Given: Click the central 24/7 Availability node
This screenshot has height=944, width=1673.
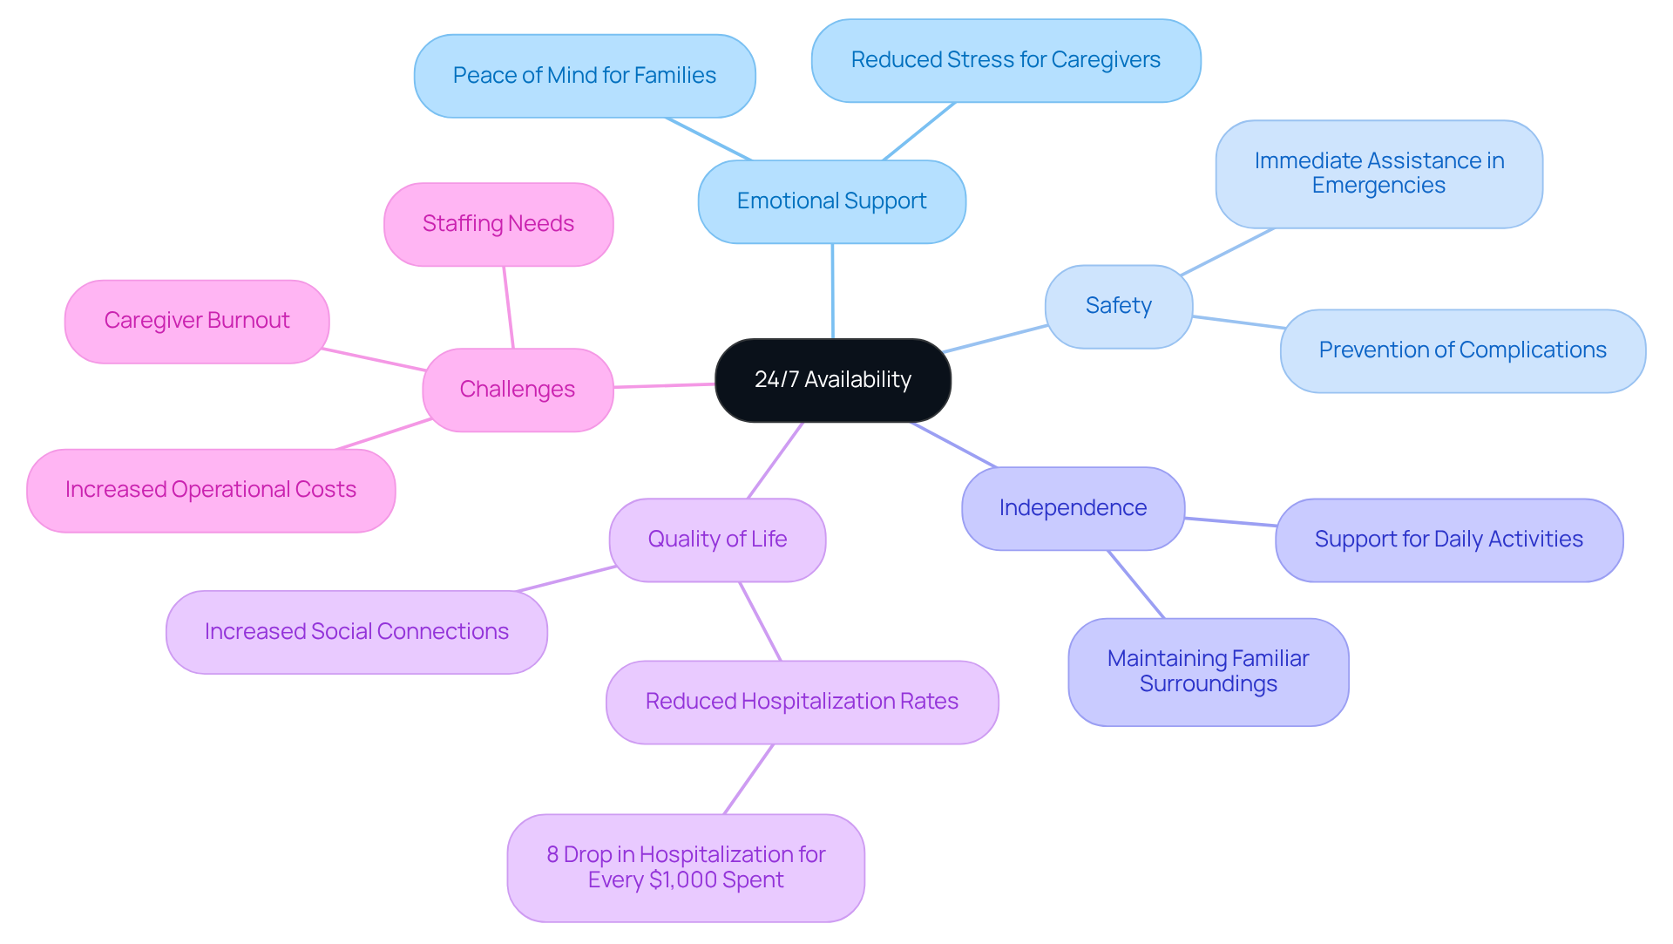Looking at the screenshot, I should (832, 380).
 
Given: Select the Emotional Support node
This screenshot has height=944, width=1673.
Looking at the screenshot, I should (831, 201).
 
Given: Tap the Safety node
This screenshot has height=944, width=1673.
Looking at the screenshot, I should (1118, 306).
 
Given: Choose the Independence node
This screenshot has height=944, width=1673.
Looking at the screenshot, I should (1073, 508).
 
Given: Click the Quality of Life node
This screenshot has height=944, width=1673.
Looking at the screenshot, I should (717, 540).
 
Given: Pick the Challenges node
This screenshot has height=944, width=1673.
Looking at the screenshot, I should (518, 390).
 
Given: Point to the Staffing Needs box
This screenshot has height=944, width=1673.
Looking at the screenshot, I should (498, 224).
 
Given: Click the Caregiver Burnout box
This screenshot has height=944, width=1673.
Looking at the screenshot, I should (197, 321).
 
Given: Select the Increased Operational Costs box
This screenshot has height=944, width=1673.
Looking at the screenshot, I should (211, 490).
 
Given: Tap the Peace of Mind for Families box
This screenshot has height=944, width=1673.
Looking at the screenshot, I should (585, 76).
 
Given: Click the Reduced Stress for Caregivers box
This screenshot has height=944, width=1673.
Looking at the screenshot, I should (1006, 60).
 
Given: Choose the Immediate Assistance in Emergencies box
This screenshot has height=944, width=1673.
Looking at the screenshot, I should (1378, 173).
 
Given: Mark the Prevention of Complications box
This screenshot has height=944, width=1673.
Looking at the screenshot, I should (1462, 350).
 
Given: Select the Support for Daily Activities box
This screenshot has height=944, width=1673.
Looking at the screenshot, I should (1448, 540).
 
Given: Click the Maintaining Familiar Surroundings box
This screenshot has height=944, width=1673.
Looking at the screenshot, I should (1208, 671).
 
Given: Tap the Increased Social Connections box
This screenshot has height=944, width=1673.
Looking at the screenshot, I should (356, 632).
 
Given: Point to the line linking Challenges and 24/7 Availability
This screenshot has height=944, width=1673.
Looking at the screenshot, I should (664, 385).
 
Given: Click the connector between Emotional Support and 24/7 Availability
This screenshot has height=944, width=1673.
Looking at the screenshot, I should (832, 291).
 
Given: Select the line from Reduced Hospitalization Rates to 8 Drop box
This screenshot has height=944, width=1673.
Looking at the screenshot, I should (748, 779).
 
